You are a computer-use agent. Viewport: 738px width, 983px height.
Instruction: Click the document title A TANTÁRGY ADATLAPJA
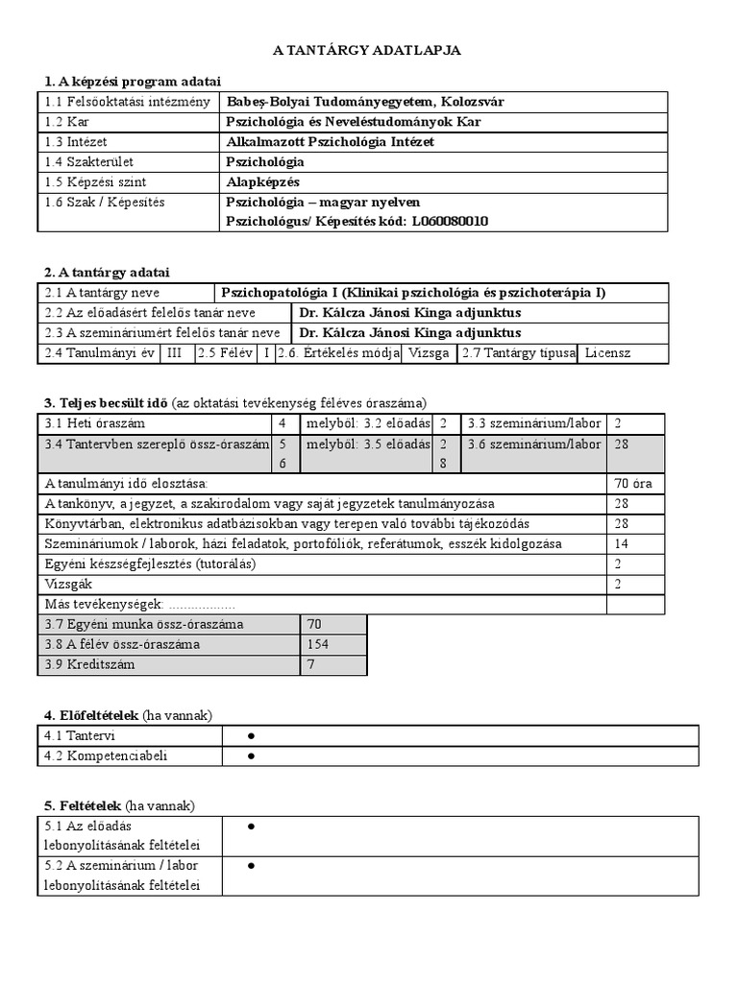click(368, 50)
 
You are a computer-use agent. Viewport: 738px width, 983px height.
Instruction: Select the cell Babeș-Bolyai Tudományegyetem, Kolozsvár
click(364, 101)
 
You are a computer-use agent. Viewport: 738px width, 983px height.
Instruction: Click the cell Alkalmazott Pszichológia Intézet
click(330, 141)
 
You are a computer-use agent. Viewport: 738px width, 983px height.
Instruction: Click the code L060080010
click(451, 221)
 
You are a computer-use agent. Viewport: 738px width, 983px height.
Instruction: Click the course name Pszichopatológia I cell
click(413, 293)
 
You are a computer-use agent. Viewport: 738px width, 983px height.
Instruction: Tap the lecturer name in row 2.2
click(410, 313)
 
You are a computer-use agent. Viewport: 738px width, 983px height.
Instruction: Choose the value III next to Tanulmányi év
click(174, 353)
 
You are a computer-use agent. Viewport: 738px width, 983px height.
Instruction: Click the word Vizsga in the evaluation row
click(429, 353)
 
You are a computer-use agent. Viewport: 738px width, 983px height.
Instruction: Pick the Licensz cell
click(607, 353)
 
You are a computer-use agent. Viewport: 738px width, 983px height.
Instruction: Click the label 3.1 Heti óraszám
click(95, 422)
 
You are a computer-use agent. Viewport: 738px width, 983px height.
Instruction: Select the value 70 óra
click(632, 483)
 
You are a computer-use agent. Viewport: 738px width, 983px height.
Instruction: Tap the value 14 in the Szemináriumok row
click(621, 543)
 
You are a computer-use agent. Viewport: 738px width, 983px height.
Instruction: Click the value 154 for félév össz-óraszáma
click(318, 644)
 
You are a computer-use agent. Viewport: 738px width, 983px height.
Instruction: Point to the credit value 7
click(310, 664)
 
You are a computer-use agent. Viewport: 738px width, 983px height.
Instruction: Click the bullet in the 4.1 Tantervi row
click(250, 735)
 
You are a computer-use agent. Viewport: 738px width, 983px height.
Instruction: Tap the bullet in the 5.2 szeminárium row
click(250, 866)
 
